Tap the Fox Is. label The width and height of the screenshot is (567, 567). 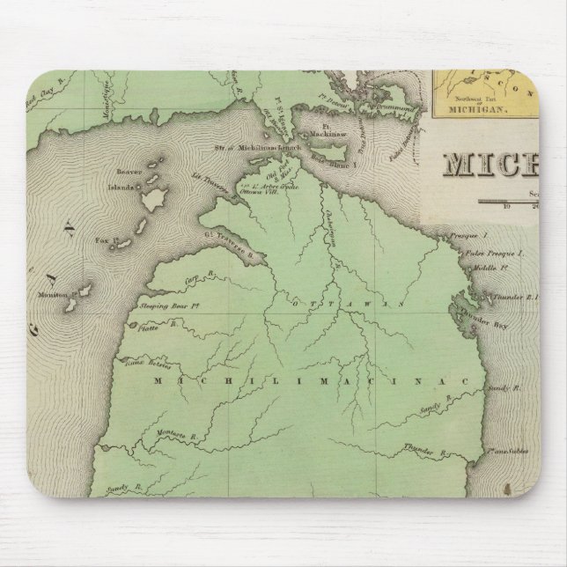click(105, 239)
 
